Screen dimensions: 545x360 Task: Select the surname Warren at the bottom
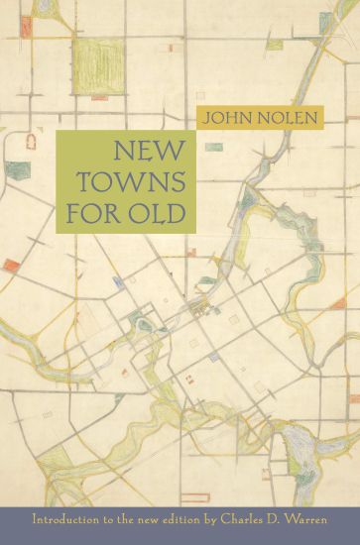pos(320,517)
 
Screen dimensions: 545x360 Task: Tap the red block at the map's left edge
pos(11,266)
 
